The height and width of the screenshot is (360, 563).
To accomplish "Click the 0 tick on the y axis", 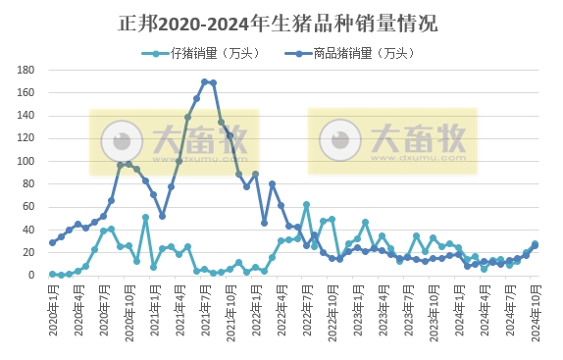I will [32, 276].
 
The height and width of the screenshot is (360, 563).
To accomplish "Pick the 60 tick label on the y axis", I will [29, 207].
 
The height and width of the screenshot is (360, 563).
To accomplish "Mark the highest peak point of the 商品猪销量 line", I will [205, 82].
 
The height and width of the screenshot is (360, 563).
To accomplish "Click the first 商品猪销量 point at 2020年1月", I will [52, 242].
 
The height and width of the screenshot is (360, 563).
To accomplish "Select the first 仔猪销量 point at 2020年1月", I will [52, 275].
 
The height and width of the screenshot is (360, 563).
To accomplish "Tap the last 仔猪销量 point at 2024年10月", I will [535, 244].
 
